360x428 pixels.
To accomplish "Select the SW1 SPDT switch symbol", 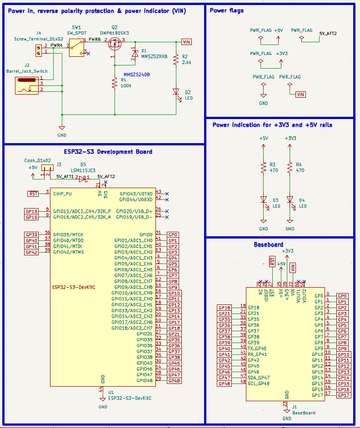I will click(77, 47).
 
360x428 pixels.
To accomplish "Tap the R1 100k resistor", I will click(115, 83).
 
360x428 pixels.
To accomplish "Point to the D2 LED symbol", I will click(175, 92).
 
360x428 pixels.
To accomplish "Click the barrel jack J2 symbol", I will click(27, 85).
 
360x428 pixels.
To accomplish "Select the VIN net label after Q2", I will click(187, 42).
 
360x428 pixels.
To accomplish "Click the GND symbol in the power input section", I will click(62, 129).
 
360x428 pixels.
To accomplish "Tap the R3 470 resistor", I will click(263, 167).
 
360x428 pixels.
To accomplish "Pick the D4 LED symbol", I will click(290, 200).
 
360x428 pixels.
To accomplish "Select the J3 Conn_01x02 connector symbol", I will click(47, 168).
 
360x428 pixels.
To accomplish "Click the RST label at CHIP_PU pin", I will click(33, 194).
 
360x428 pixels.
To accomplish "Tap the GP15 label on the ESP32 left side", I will click(31, 211).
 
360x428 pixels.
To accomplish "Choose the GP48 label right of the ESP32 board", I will click(174, 381).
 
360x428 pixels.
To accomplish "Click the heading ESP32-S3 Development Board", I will click(105, 152).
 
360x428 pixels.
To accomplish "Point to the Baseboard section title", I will click(268, 244).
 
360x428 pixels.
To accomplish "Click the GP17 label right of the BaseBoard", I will click(344, 395).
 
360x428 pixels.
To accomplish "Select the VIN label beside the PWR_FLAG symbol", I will click(300, 95).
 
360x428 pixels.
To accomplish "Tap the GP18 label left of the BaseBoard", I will click(225, 308).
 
